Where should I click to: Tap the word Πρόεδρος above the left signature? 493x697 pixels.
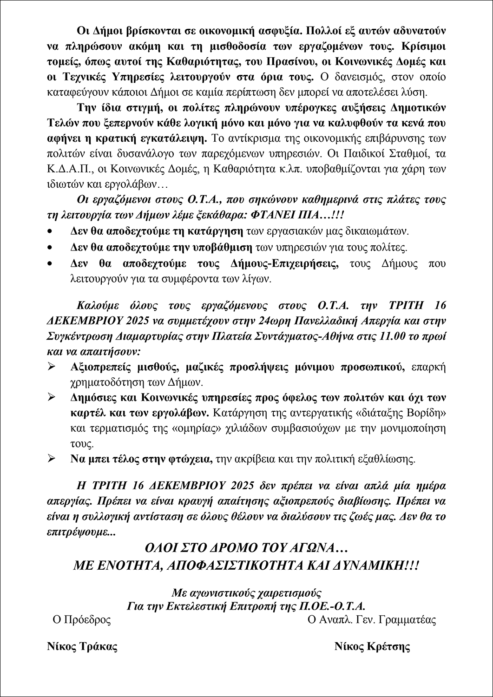[x=87, y=620]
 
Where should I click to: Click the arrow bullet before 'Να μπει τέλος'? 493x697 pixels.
[x=52, y=459]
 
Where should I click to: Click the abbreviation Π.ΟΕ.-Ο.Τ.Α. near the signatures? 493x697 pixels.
[x=330, y=606]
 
